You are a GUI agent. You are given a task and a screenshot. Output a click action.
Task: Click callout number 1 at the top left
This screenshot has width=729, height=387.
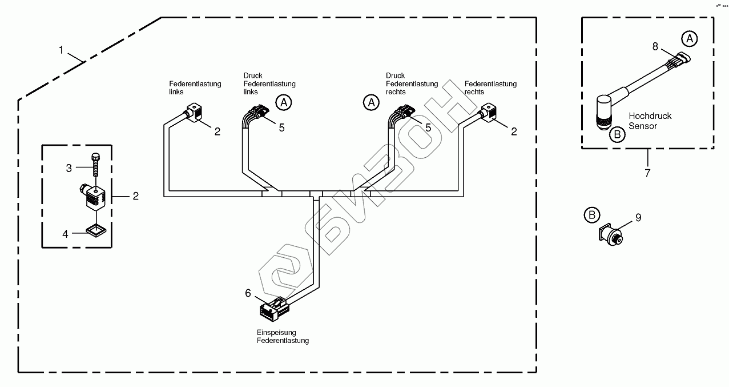tap(61, 50)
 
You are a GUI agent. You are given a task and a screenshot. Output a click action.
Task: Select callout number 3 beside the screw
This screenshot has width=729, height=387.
tap(69, 168)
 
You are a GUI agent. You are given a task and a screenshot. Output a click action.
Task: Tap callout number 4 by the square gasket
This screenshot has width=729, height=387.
tap(65, 233)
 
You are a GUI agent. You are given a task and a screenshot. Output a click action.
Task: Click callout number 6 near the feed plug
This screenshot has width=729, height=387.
tap(248, 293)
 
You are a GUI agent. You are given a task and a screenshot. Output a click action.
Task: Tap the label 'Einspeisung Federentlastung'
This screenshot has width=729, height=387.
tap(283, 336)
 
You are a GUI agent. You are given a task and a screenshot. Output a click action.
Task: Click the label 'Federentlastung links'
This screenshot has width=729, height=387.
tap(195, 87)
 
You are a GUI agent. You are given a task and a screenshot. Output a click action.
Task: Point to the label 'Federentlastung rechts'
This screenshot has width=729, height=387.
tap(490, 87)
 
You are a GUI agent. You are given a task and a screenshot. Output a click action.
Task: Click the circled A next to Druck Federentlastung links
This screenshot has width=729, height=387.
tap(284, 102)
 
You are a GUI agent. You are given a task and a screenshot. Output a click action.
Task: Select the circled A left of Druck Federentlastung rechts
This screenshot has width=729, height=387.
tap(371, 102)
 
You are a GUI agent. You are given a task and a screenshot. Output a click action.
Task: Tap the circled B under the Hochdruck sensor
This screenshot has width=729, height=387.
tap(616, 135)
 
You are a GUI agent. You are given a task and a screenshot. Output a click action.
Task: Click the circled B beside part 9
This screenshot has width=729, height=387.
tap(592, 215)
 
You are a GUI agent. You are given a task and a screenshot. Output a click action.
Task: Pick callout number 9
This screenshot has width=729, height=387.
tap(638, 217)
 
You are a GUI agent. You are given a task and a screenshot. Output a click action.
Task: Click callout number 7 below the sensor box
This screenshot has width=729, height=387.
tap(647, 173)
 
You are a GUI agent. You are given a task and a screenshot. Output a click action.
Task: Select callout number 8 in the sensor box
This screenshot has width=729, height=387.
tap(655, 45)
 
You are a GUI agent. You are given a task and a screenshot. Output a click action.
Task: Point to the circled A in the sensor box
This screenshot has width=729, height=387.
tap(690, 38)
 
